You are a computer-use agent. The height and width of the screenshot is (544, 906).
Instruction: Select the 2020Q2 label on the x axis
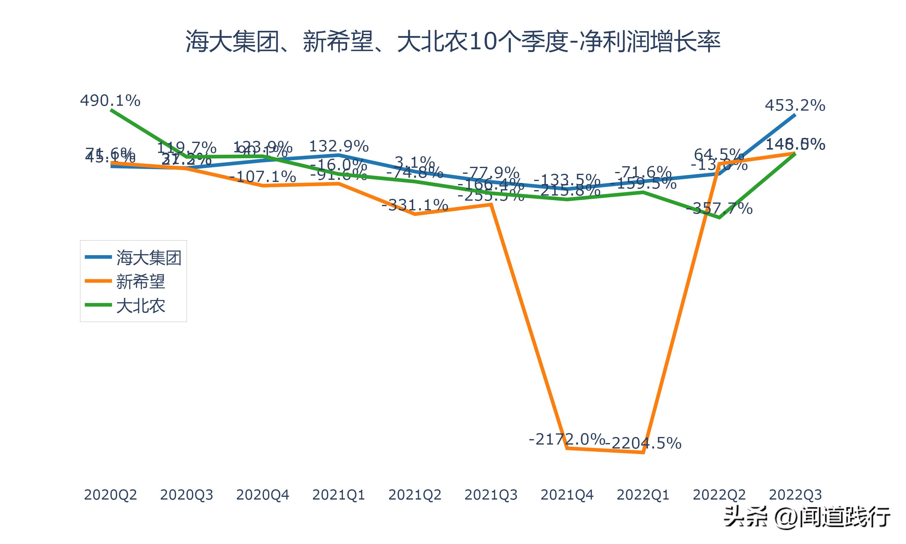pyautogui.click(x=110, y=495)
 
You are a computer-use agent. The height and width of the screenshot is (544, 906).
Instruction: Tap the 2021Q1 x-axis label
pyautogui.click(x=338, y=495)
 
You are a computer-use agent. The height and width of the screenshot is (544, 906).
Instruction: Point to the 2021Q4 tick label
pyautogui.click(x=567, y=495)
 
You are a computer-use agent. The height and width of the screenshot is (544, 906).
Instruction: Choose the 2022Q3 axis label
pyautogui.click(x=795, y=495)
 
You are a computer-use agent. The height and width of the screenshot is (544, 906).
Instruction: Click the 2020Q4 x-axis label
pyautogui.click(x=262, y=495)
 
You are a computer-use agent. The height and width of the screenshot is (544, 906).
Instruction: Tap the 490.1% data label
pyautogui.click(x=110, y=100)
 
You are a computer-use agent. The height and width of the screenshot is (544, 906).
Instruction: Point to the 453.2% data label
pyautogui.click(x=795, y=105)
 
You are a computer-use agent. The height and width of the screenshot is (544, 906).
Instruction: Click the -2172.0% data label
pyautogui.click(x=567, y=439)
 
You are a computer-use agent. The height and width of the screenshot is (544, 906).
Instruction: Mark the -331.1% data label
pyautogui.click(x=415, y=205)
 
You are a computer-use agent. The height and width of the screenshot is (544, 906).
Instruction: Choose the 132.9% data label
pyautogui.click(x=339, y=146)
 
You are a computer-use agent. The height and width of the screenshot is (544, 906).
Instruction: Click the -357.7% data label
pyautogui.click(x=719, y=209)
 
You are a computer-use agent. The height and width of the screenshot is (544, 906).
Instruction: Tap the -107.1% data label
pyautogui.click(x=262, y=177)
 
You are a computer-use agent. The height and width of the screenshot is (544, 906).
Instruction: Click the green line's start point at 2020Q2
pyautogui.click(x=111, y=110)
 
